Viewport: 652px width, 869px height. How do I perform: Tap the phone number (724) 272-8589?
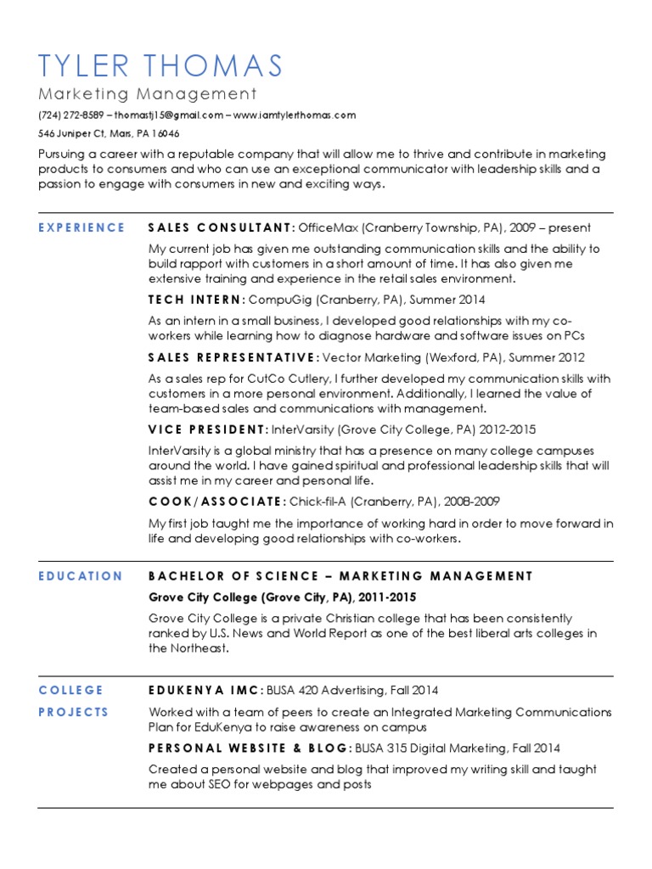72,115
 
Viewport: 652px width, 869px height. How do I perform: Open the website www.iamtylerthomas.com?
295,115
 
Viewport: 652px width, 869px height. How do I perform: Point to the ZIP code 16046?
166,134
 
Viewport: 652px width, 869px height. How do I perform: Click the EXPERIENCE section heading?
81,227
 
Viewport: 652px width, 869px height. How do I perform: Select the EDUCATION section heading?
81,576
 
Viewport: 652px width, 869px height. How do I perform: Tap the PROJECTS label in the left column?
74,712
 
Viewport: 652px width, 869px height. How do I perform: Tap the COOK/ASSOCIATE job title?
216,502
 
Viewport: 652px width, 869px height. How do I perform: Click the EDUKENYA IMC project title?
207,690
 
